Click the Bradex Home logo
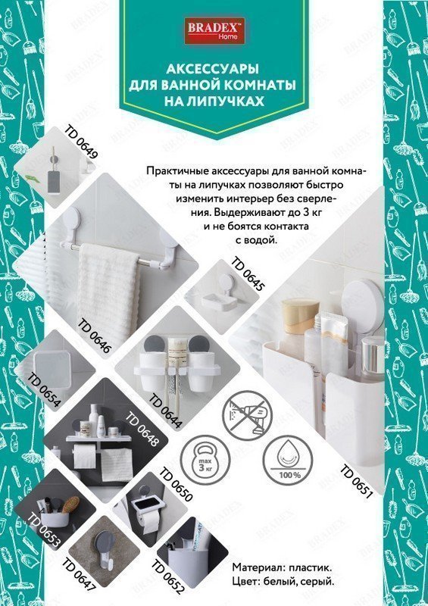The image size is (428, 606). (x=214, y=30)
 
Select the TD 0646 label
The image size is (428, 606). (x=95, y=336)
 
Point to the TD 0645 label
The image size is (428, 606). (x=248, y=274)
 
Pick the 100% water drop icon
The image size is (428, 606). (x=289, y=462)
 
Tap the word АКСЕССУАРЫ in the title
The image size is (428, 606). (x=212, y=69)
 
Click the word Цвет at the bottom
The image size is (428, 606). (x=245, y=581)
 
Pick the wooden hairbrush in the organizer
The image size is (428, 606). (x=70, y=504)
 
